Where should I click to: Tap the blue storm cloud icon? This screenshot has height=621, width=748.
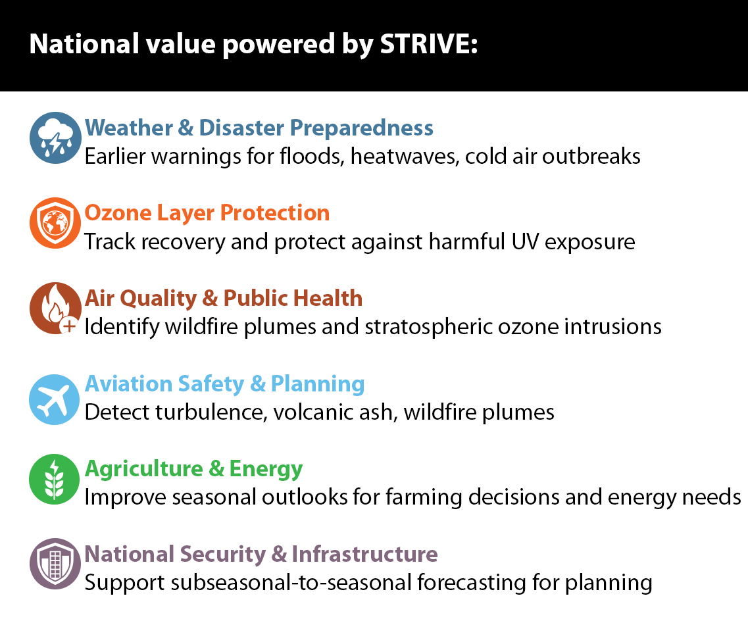55,138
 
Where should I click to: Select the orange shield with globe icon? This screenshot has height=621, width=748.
55,223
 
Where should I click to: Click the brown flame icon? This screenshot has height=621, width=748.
55,308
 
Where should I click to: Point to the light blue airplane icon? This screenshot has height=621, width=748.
55,399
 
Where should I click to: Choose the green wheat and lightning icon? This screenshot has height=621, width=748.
55,480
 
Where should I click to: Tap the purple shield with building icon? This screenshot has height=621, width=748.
55,564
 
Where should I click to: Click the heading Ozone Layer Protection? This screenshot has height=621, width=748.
207,213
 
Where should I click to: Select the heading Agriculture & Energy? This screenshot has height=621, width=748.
193,469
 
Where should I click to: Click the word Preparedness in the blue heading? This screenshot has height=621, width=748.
362,128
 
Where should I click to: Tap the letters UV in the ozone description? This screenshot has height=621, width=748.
525,242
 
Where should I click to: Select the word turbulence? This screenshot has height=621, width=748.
210,412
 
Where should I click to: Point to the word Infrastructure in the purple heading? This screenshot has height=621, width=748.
364,554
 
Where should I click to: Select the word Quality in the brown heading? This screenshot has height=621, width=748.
159,299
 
